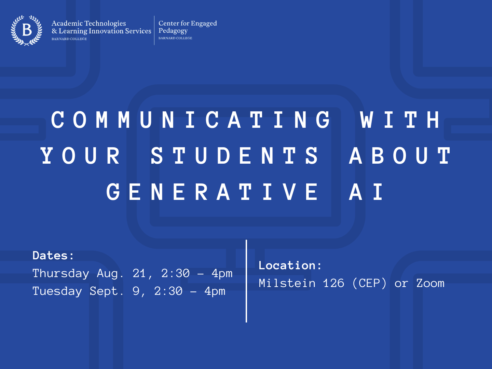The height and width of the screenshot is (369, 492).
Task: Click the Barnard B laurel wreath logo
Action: pyautogui.click(x=26, y=30)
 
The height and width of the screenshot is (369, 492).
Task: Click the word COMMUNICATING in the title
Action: pyautogui.click(x=191, y=120)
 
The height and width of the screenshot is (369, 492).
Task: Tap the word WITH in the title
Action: pyautogui.click(x=400, y=120)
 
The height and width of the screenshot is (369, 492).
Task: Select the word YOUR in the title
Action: pyautogui.click(x=81, y=156)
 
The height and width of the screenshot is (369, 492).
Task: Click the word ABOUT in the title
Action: pyautogui.click(x=400, y=156)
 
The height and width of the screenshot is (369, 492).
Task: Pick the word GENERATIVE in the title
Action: pyautogui.click(x=212, y=192)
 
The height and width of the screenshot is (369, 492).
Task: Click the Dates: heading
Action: pyautogui.click(x=53, y=256)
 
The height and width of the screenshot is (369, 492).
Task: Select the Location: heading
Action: pyautogui.click(x=290, y=265)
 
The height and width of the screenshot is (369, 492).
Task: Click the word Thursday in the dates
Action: pyautogui.click(x=61, y=274)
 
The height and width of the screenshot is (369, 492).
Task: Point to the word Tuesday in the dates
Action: pyautogui.click(x=57, y=291)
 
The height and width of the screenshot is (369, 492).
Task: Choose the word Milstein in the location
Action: pyautogui.click(x=287, y=283)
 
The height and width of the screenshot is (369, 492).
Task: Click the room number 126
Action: pyautogui.click(x=333, y=283)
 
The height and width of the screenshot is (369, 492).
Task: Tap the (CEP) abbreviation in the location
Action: pyautogui.click(x=369, y=283)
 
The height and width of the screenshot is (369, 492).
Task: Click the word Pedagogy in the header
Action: pyautogui.click(x=173, y=31)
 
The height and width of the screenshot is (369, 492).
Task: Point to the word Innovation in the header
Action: pyautogui.click(x=106, y=31)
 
